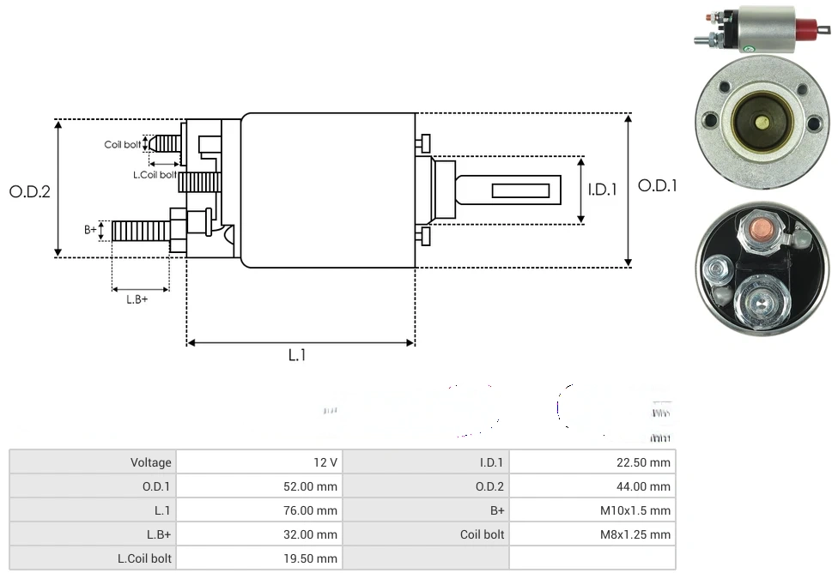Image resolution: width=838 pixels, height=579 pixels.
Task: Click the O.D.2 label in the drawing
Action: point(30,192)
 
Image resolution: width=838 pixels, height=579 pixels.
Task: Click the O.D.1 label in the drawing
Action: point(658,185)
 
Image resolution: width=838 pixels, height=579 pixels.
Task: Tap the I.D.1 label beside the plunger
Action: point(603,190)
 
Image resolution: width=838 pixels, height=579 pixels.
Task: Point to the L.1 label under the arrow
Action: point(296,355)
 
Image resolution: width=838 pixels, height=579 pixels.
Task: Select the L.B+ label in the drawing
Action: point(137,299)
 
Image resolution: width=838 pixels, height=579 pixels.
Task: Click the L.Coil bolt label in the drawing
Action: point(155,175)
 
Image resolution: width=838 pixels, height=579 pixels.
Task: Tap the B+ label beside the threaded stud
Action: point(90,230)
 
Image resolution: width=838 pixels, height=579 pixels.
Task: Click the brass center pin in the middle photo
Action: point(761,121)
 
